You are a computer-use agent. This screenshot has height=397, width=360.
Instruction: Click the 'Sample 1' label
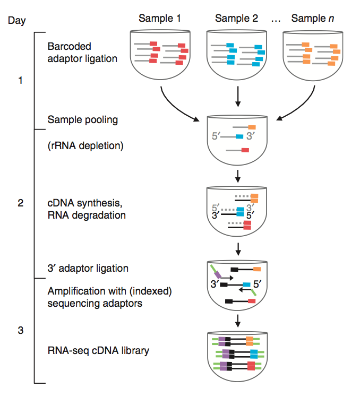tap(159, 18)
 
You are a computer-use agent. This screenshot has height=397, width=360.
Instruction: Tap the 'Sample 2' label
tap(236, 18)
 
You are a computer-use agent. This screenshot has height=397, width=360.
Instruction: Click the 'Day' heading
tap(17, 21)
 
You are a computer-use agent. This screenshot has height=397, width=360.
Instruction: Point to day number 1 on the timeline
tap(20, 81)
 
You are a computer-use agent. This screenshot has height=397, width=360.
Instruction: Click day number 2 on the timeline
tap(20, 203)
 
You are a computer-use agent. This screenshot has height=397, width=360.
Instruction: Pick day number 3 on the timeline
tap(20, 331)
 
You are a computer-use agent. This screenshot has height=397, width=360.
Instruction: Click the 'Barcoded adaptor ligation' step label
tap(82, 53)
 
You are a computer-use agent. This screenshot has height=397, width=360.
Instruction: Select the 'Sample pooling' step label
tap(82, 120)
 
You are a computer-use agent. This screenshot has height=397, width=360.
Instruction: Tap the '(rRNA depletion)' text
tap(85, 144)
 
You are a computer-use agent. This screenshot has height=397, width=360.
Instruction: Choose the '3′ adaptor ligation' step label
tap(88, 268)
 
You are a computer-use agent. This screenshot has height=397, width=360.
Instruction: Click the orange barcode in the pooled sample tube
tap(252, 127)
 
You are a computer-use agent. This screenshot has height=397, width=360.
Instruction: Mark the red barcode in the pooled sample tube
tap(245, 151)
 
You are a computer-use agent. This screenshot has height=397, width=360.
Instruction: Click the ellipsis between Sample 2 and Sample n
tap(275, 19)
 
